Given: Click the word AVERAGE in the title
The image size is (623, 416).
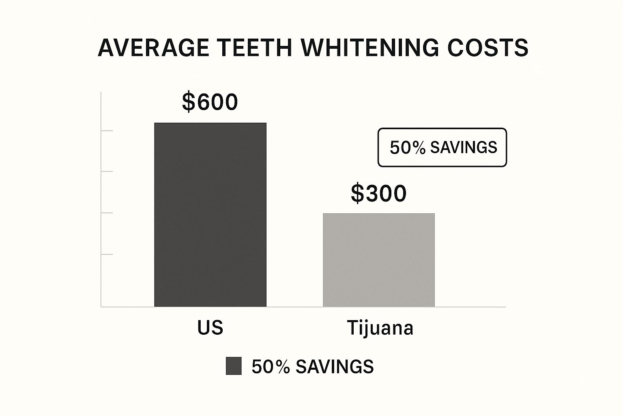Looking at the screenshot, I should click(x=153, y=48).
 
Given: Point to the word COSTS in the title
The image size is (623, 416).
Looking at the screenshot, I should click(x=488, y=48).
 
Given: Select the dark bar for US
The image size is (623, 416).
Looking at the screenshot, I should click(x=210, y=214).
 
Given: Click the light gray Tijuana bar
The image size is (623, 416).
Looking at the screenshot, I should click(x=378, y=260).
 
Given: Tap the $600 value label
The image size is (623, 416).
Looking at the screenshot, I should click(x=210, y=102).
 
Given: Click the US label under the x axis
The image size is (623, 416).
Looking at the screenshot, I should click(x=210, y=327).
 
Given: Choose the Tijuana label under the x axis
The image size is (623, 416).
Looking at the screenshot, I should click(x=380, y=328).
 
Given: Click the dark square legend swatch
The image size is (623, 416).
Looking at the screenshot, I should click(x=234, y=366).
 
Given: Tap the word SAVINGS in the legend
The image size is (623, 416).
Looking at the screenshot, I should click(x=335, y=367).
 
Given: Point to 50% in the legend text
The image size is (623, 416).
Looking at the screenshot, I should click(x=271, y=367).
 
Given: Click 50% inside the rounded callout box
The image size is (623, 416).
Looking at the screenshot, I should click(x=407, y=147).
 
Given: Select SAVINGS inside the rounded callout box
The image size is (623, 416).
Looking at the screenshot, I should click(x=464, y=147).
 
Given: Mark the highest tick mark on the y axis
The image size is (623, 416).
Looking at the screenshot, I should click(x=107, y=131).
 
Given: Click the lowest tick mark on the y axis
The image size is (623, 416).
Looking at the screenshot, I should click(x=107, y=254).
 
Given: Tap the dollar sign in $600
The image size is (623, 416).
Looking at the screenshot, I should click(x=188, y=102).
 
